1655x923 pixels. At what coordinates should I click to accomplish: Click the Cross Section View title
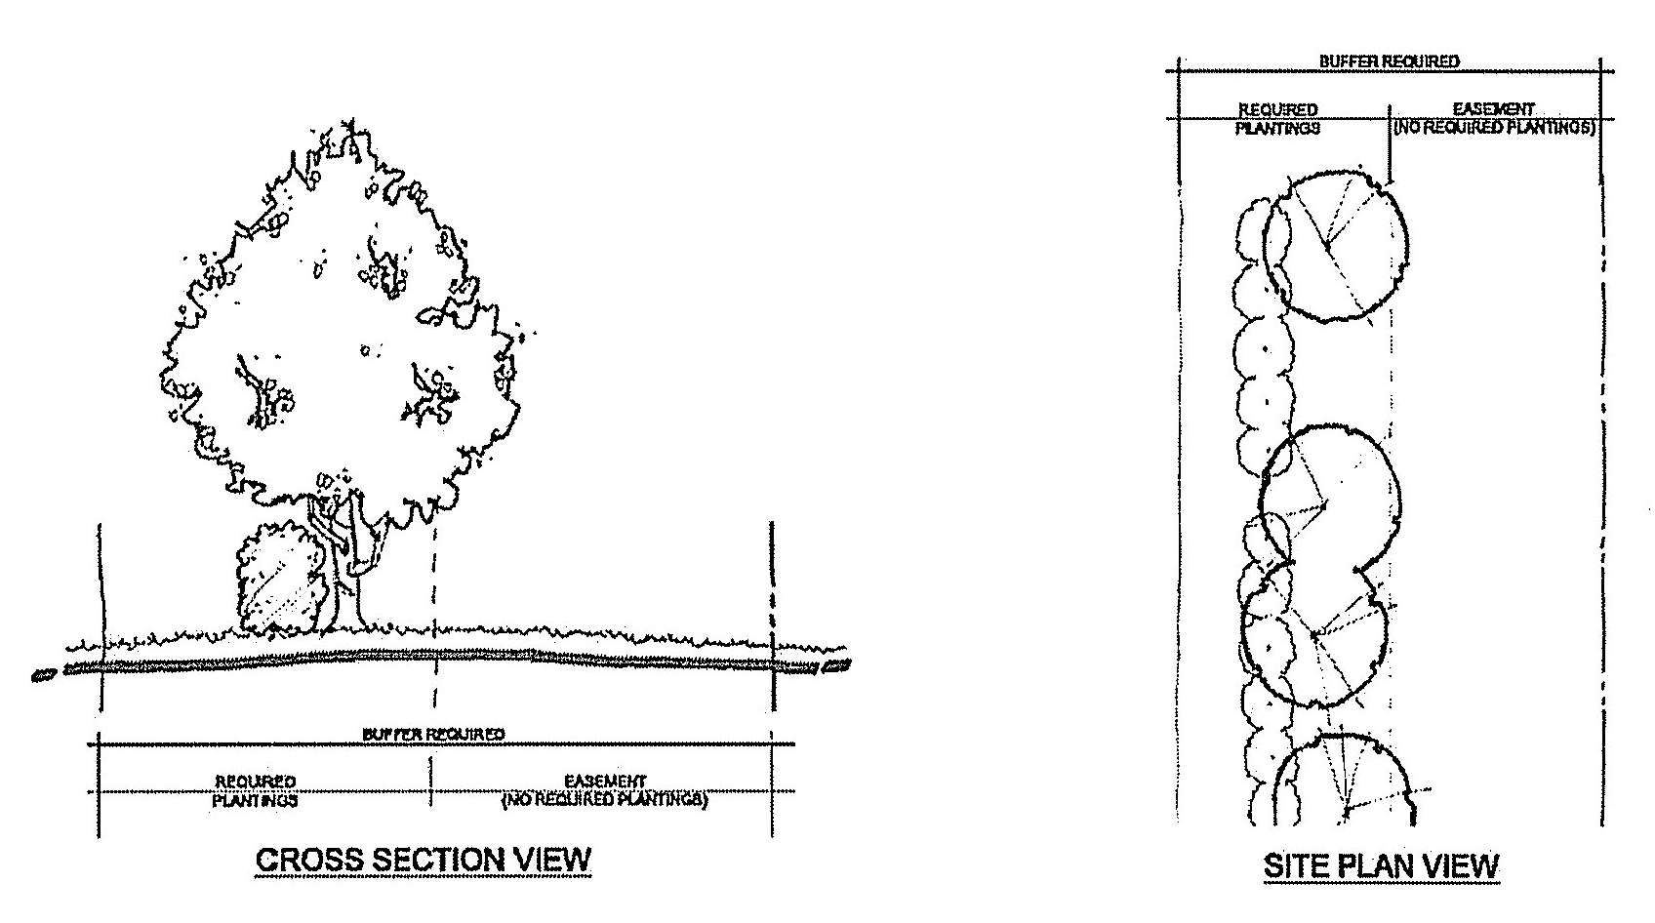[x=423, y=860]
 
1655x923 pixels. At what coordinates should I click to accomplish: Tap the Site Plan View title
[x=1381, y=865]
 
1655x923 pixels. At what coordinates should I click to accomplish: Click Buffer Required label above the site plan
[x=1389, y=61]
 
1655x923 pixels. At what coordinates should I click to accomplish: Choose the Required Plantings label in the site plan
[x=1277, y=118]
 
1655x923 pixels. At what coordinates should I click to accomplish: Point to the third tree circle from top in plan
[x=1313, y=636]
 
